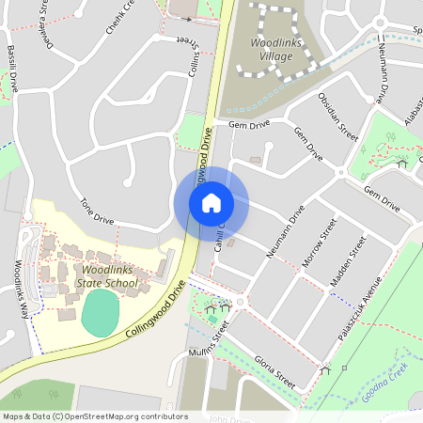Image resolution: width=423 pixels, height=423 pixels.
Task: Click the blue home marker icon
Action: [211, 203]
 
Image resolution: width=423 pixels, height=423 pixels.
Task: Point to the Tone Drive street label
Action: [97, 211]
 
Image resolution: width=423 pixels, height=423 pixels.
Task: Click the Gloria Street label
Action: [275, 372]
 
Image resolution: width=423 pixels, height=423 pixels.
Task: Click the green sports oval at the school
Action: [101, 312]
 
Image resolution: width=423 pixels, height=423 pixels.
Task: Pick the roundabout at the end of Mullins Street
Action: [243, 302]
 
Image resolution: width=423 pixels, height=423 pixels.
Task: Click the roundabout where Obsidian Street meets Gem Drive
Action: [340, 172]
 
